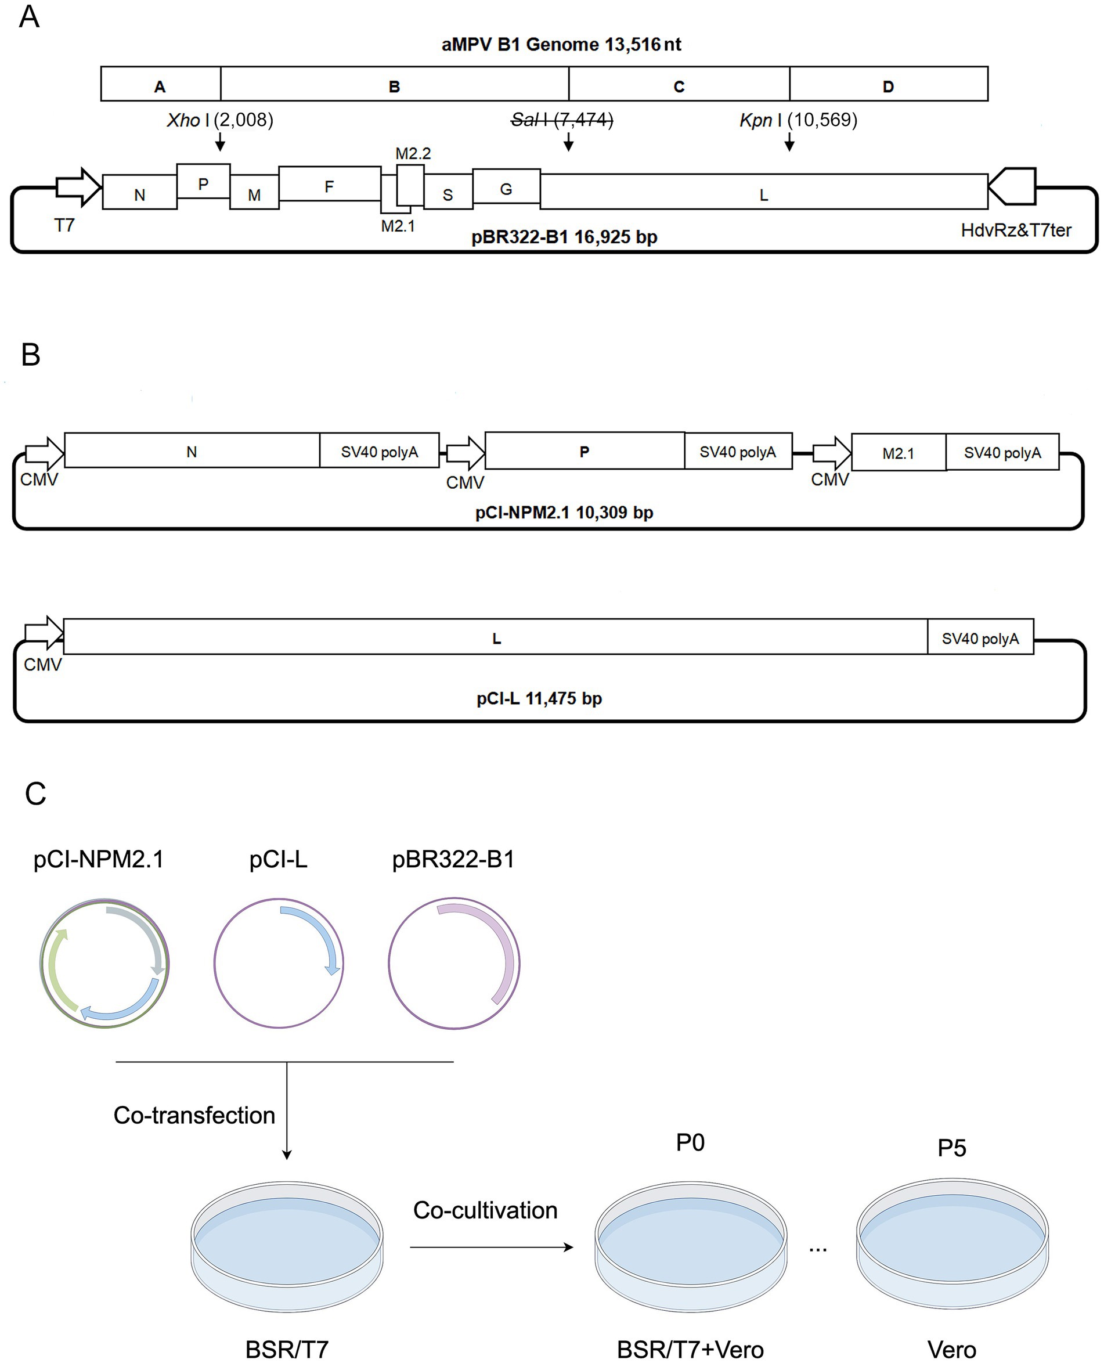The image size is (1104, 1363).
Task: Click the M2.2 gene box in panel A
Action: coord(410,185)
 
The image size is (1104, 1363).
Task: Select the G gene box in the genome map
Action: coord(506,186)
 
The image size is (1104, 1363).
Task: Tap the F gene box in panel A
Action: coord(330,184)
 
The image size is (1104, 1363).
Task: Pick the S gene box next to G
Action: coord(448,193)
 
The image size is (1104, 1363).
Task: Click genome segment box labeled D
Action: coord(889,85)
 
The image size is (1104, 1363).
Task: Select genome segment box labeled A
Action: coord(160,85)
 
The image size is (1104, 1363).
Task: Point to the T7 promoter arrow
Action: coord(78,187)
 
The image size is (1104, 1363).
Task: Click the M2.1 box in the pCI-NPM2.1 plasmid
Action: coord(898,453)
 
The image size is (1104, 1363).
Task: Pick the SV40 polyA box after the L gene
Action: coord(980,637)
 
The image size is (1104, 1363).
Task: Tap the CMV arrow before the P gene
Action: coord(466,453)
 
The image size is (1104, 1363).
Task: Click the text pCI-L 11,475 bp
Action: coord(539,698)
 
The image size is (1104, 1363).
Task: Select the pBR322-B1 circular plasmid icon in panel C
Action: coord(453,963)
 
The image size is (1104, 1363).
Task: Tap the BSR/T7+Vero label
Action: coord(690,1349)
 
